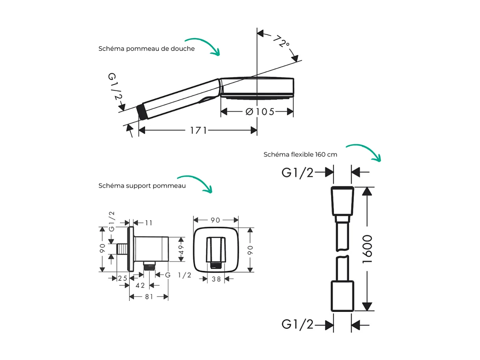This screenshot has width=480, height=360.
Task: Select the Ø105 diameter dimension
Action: [260, 112]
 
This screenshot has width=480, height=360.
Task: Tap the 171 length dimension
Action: [198, 130]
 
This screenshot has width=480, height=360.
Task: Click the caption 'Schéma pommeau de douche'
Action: [146, 49]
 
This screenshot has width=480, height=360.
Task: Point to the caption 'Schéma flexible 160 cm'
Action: [300, 155]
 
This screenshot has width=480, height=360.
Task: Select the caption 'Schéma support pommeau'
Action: [142, 186]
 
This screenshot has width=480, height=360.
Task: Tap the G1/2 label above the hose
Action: [298, 172]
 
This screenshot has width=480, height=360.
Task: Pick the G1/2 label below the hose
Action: [298, 325]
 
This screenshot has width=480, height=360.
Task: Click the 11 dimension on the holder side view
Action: [148, 223]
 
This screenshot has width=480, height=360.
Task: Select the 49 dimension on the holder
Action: [181, 249]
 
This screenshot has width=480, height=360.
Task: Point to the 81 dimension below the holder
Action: [149, 297]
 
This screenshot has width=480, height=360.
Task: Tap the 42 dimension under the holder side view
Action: [140, 285]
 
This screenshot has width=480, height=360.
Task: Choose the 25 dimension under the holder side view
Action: [123, 278]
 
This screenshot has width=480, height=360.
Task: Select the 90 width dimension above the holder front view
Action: [215, 220]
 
